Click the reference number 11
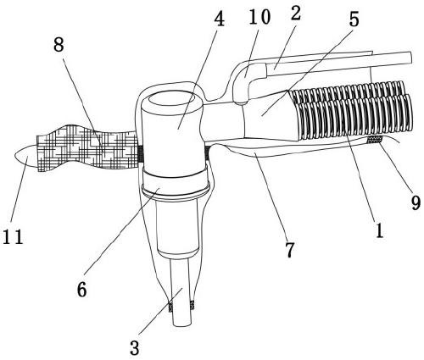(13, 236)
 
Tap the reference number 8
(59, 45)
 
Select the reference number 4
(219, 20)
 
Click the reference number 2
(296, 14)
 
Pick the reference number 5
(354, 19)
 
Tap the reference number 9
(416, 202)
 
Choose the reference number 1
(379, 230)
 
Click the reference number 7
(290, 250)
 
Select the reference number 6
(81, 290)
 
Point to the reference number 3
(135, 347)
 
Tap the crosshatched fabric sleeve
(87, 147)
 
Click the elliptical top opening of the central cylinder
(172, 99)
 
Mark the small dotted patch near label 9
(375, 139)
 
